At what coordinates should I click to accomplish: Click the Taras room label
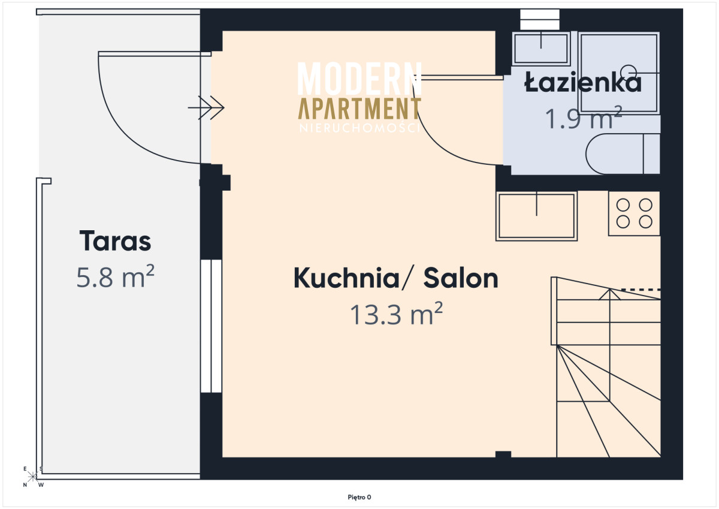[x=115, y=241]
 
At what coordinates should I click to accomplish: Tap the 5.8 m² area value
[x=115, y=276]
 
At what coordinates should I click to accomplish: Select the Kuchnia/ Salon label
[x=396, y=278]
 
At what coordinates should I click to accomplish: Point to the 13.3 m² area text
[x=396, y=314]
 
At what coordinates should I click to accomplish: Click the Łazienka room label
[x=582, y=82]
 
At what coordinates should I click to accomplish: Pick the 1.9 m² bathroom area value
[x=584, y=118]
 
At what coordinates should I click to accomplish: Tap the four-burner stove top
[x=634, y=213]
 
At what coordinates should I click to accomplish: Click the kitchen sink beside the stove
[x=536, y=216]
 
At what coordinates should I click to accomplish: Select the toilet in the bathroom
[x=623, y=154]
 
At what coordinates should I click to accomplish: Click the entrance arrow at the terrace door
[x=206, y=107]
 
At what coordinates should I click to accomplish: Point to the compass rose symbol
[x=32, y=477]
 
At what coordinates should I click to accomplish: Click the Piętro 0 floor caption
[x=359, y=497]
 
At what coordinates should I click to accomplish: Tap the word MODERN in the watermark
[x=359, y=79]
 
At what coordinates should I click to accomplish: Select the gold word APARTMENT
[x=359, y=109]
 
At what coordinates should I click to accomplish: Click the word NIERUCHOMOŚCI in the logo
[x=359, y=128]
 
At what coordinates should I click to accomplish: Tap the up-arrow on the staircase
[x=609, y=294]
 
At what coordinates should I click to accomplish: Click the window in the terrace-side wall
[x=211, y=326]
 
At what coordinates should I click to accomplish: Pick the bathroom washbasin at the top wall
[x=541, y=48]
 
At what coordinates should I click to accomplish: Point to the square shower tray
[x=619, y=73]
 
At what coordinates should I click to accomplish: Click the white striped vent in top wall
[x=540, y=20]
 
